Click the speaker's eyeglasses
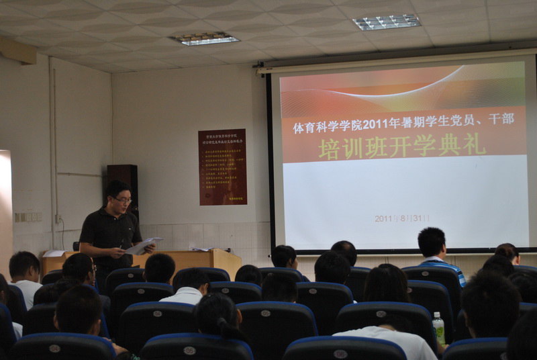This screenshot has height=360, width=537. [x=122, y=199]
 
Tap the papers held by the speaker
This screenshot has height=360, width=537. [x=144, y=246]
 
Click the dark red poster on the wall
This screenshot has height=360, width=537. [x=222, y=167]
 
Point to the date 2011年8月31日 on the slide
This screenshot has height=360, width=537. [x=402, y=218]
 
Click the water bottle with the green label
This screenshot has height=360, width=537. [x=438, y=328]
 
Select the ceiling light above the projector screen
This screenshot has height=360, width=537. [x=387, y=22]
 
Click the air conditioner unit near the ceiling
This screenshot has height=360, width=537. [x=17, y=51]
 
